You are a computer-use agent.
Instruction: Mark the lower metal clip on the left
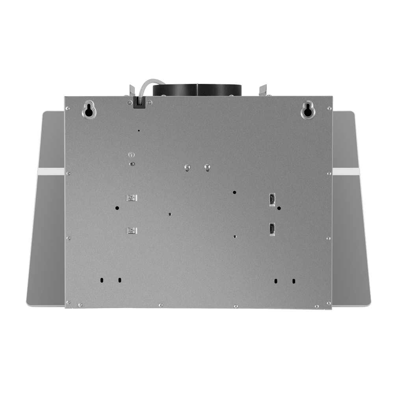130,230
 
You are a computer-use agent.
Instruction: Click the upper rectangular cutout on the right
272,199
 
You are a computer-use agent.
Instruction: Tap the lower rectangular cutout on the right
272,229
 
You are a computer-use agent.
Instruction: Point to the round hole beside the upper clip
117,207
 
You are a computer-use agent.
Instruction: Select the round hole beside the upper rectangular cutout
279,208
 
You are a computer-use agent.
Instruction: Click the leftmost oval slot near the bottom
102,281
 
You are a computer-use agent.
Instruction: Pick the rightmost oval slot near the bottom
294,281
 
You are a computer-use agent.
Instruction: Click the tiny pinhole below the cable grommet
139,130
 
